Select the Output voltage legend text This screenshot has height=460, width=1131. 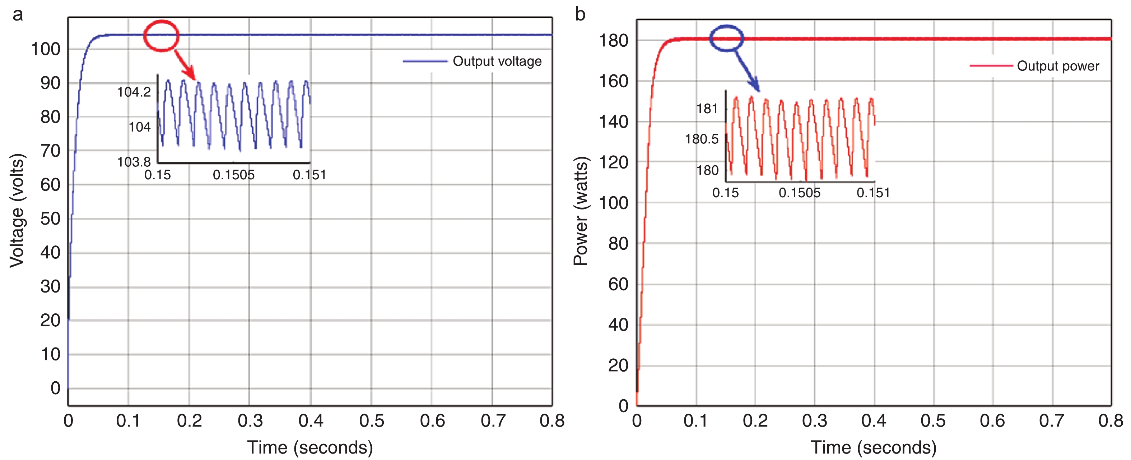(x=497, y=61)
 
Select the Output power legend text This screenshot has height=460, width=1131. (x=1058, y=66)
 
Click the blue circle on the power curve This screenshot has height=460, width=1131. (x=727, y=38)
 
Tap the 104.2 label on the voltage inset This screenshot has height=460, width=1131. (x=134, y=92)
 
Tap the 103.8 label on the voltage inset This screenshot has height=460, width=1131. (x=134, y=162)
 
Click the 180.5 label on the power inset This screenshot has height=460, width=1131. (x=702, y=139)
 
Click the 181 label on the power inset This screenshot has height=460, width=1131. (x=707, y=109)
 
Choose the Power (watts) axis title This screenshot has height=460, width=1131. (x=581, y=211)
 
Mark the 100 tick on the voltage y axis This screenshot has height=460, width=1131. (x=46, y=49)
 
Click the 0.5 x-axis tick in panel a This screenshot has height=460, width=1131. (x=372, y=421)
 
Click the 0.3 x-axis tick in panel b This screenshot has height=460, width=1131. (x=814, y=421)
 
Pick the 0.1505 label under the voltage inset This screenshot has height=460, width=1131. (x=234, y=175)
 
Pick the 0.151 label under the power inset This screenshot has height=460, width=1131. (x=873, y=193)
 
